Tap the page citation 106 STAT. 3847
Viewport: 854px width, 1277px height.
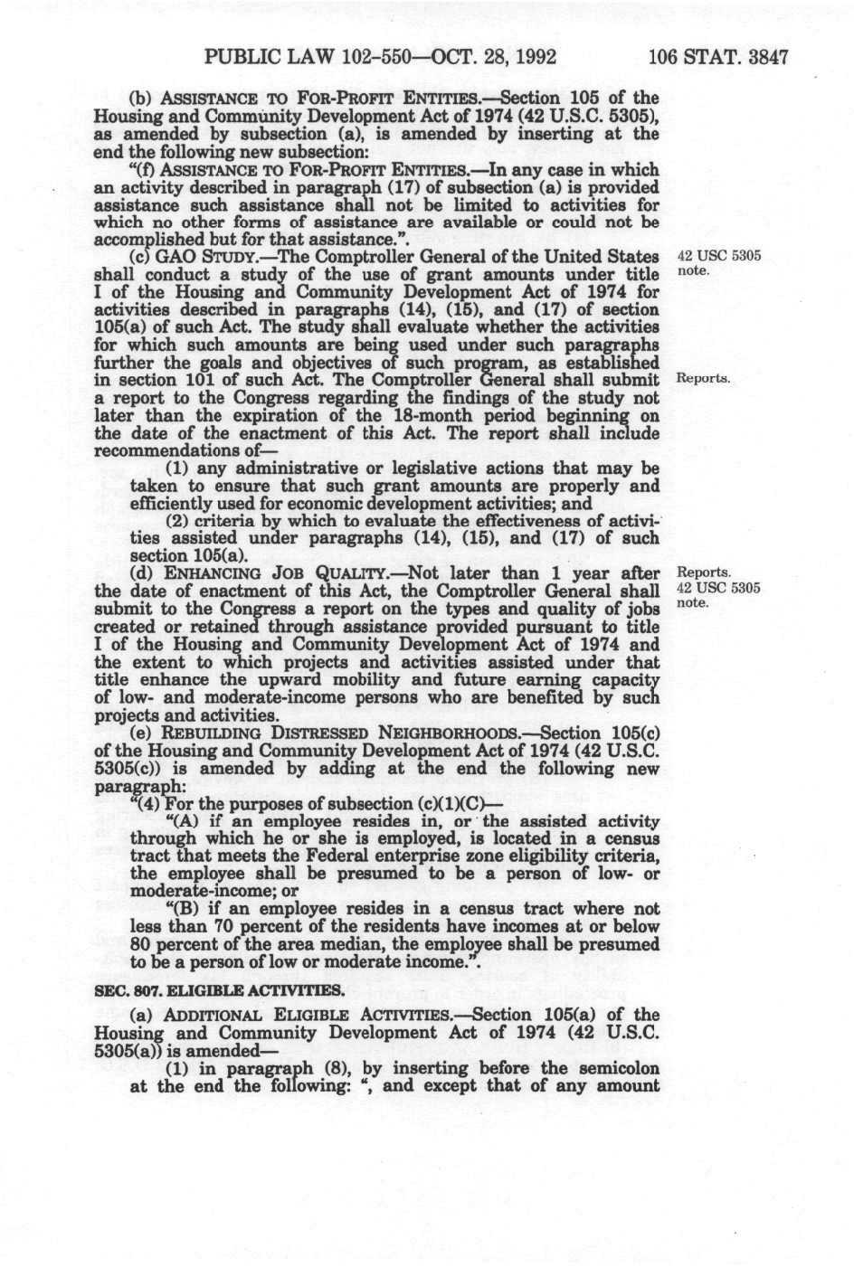(x=718, y=58)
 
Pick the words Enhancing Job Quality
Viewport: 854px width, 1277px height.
(x=269, y=573)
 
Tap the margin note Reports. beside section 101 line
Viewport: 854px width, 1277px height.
(x=703, y=378)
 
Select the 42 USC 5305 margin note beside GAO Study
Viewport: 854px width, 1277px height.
(x=719, y=255)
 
